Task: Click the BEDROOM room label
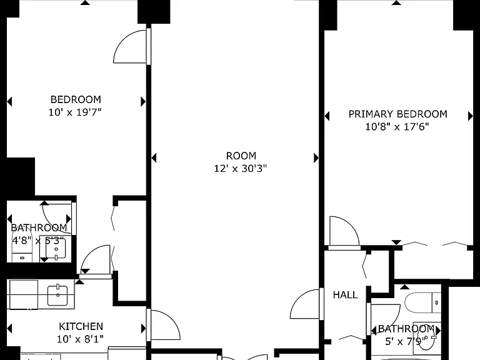[76, 99]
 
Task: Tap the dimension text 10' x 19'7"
[75, 112]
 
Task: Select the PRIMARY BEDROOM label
[398, 114]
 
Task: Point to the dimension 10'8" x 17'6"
[397, 127]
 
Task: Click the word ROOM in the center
[241, 156]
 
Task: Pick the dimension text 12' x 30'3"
[240, 169]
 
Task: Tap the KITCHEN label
[81, 326]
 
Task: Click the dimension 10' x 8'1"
[80, 339]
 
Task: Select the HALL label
[345, 295]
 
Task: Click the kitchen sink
[57, 295]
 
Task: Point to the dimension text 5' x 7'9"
[406, 341]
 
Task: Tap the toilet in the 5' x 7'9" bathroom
[422, 302]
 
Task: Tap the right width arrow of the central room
[316, 158]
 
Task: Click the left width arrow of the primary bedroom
[327, 116]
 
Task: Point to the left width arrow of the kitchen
[9, 329]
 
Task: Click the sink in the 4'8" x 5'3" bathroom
[56, 249]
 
